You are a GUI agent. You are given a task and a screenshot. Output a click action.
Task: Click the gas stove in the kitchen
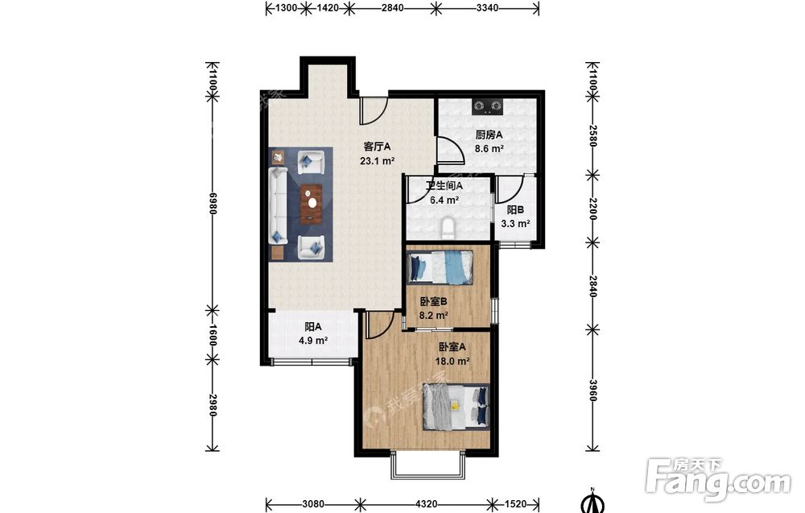488,106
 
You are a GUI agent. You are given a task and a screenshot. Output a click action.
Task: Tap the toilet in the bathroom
448,229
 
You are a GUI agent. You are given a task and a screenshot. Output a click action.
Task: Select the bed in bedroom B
440,267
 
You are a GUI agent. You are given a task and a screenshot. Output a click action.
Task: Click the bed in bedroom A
456,407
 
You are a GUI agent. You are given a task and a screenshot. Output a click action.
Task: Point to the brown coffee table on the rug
311,204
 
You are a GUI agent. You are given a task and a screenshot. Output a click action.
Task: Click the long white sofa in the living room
279,205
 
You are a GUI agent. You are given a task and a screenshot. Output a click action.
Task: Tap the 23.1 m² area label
378,161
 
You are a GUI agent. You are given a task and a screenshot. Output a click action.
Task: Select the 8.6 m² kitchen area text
489,149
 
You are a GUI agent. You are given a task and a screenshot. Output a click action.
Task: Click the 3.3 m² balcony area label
515,223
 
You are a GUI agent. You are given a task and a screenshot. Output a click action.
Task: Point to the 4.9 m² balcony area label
313,340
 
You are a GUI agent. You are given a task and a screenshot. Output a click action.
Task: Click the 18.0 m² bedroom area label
452,361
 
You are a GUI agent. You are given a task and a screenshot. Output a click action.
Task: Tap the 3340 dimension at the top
487,8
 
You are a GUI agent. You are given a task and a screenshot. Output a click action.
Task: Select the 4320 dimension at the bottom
426,504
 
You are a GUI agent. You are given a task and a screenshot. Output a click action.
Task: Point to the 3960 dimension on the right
592,391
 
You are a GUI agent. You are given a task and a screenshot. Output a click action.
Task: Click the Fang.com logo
719,480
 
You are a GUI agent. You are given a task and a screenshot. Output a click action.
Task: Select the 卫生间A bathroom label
444,186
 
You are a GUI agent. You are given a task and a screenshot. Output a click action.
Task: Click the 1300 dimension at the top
287,8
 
